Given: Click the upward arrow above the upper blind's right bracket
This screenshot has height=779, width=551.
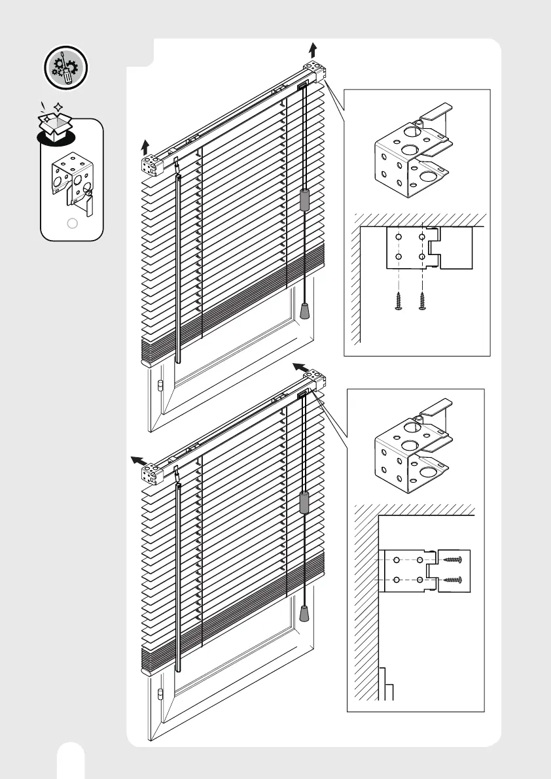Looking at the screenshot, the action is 312,49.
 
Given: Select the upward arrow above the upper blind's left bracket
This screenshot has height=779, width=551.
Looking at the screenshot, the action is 147,145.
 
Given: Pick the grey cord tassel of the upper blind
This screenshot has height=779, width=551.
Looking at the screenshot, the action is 304,311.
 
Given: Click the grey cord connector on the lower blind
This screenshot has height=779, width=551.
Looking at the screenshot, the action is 304,502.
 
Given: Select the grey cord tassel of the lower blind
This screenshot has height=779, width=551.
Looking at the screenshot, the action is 304,614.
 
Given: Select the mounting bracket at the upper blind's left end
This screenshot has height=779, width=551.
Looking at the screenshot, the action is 152,165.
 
